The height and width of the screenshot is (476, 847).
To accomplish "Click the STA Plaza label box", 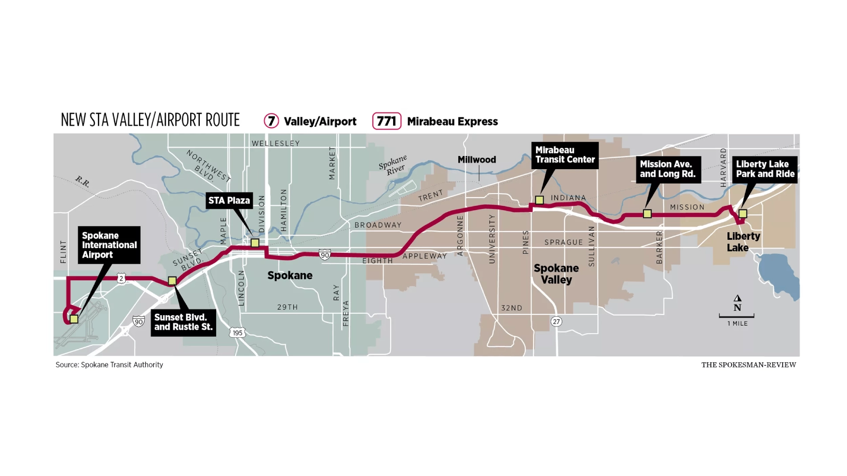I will pos(229,201).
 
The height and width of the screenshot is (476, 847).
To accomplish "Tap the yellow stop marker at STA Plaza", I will pos(255,243).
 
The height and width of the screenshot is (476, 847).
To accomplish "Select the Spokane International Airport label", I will pos(109,245).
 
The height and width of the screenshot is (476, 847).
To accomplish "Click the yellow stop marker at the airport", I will pos(74,319).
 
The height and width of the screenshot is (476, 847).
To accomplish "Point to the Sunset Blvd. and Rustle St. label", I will pos(183,322).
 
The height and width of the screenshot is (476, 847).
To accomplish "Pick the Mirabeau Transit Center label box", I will pos(565,155).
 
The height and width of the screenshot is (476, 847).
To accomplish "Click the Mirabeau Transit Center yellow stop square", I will pos(539,200).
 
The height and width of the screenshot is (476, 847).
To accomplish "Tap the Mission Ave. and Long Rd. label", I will pos(668,169).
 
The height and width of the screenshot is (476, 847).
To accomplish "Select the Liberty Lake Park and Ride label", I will pos(765,169).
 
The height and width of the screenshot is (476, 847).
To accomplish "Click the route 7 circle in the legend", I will pos(271,121).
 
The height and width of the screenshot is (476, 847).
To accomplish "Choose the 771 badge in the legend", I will pos(386,121).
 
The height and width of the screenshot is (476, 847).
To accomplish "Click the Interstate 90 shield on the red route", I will pos(325,255).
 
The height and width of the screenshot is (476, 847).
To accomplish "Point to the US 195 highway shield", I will pos(237,333).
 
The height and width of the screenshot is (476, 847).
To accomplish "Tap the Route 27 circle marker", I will pos(556,321).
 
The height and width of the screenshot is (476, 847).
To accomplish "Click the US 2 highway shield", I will pos(121,278).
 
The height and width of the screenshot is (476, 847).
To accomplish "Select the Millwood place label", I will pos(476,160).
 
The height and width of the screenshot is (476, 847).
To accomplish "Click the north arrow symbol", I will pos(737,298).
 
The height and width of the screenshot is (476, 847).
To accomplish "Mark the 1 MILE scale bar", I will pos(737,316).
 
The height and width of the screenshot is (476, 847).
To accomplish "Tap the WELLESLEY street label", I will pos(276,143).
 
